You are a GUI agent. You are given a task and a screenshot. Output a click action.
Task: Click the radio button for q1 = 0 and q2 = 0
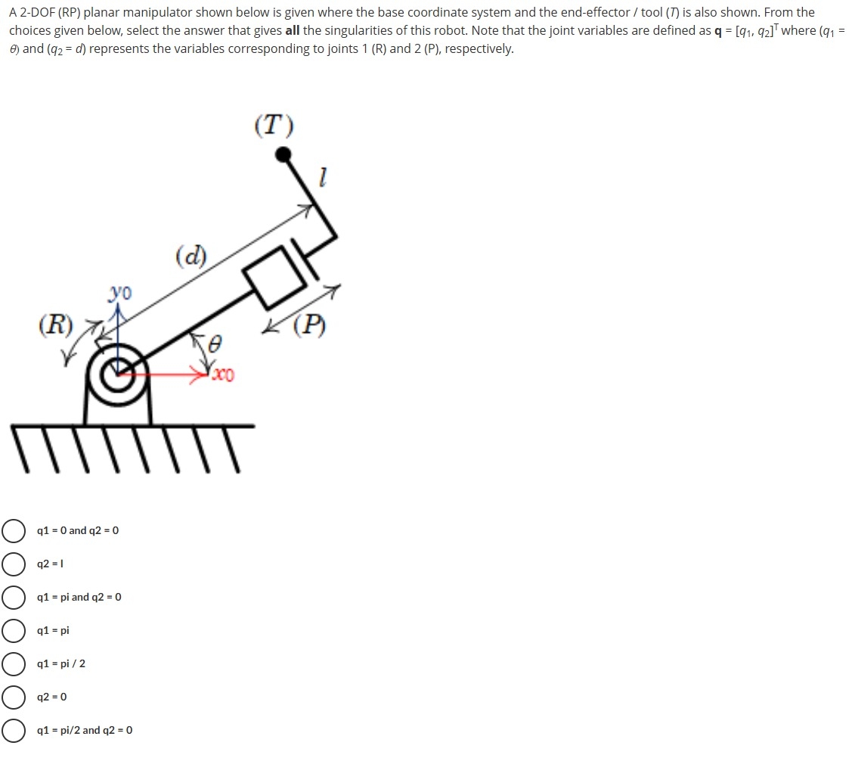point(13,531)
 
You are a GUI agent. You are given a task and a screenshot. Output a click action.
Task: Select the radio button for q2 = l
point(13,564)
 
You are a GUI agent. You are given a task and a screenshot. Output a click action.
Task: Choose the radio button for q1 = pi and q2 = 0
point(13,598)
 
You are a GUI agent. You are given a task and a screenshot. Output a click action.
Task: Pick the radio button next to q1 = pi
point(13,631)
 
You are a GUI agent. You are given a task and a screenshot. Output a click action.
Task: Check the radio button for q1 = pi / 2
point(13,664)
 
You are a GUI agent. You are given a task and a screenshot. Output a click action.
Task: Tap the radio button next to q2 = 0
point(13,697)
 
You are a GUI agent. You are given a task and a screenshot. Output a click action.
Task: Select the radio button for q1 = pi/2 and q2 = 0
point(13,731)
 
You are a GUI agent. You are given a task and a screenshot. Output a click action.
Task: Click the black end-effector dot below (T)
point(283,155)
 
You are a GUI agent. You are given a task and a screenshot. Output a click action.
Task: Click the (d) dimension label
point(191,255)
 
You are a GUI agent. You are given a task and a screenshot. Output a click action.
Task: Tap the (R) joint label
point(56,326)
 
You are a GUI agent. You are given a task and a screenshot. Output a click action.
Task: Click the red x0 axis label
point(224,375)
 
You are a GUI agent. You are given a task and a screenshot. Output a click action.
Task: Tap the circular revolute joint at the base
point(117,373)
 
